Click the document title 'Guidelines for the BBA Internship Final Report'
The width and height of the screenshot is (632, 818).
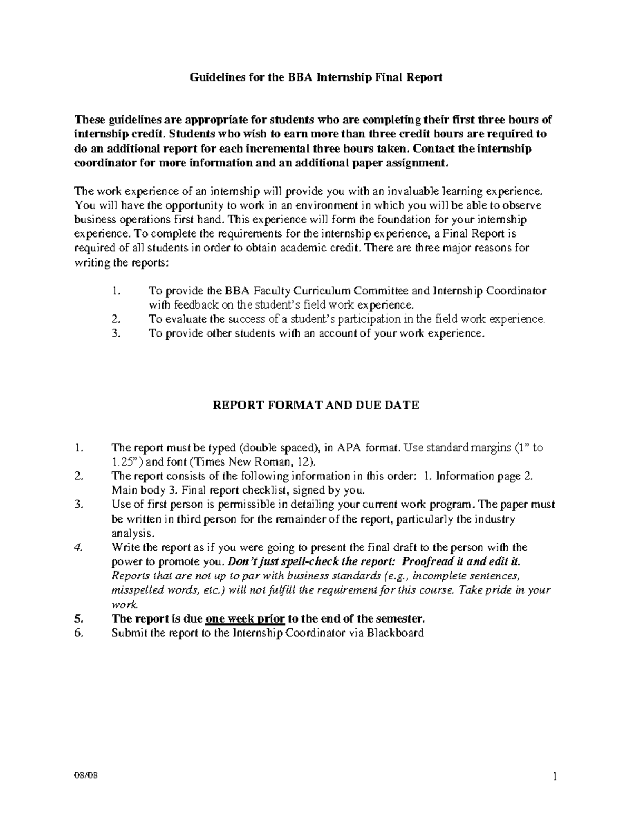tap(315, 78)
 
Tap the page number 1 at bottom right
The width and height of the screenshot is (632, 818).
tap(555, 777)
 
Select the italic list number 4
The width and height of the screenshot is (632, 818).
tap(79, 547)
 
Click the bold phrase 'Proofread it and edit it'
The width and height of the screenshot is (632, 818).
tap(460, 561)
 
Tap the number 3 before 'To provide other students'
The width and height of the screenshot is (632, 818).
tap(116, 333)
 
